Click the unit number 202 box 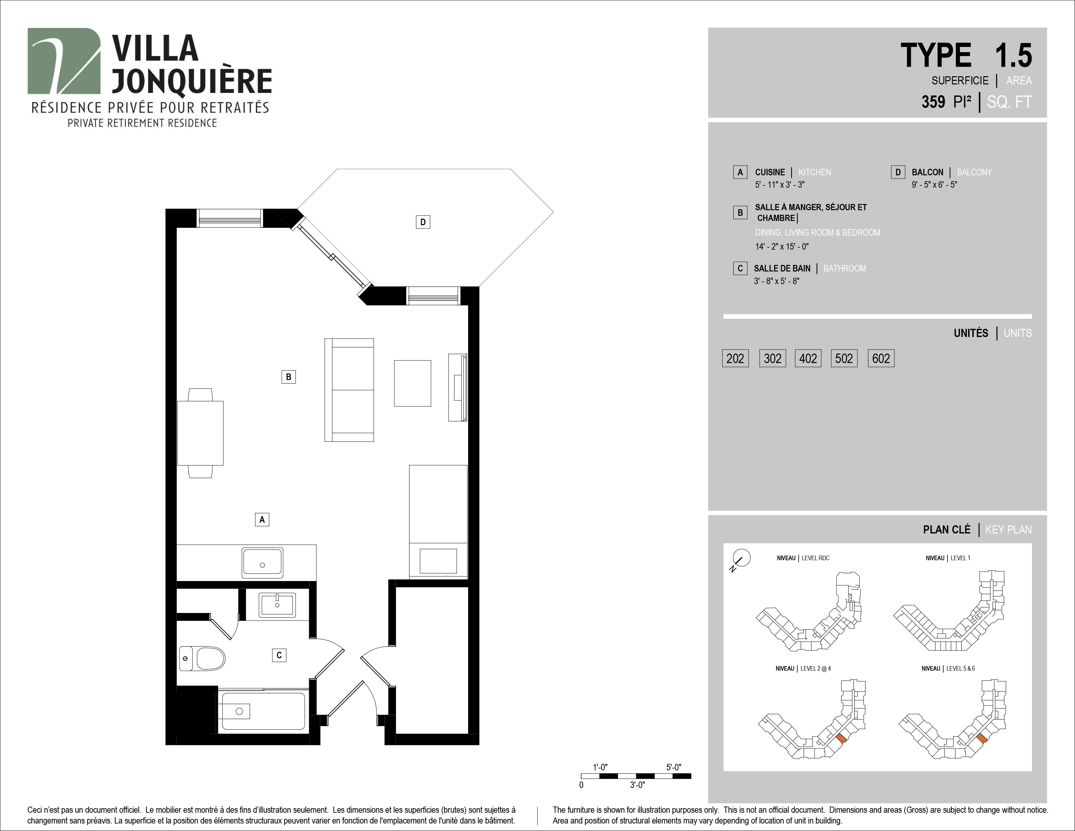pyautogui.click(x=735, y=358)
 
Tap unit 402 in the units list pyautogui.click(x=808, y=358)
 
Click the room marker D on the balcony pyautogui.click(x=423, y=222)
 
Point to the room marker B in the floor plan pyautogui.click(x=288, y=377)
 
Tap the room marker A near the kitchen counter pyautogui.click(x=262, y=519)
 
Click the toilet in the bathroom pyautogui.click(x=202, y=659)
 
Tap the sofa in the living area pyautogui.click(x=349, y=390)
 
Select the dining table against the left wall pyautogui.click(x=200, y=433)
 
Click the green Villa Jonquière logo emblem pyautogui.click(x=64, y=61)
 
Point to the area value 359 pyautogui.click(x=933, y=102)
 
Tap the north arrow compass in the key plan pyautogui.click(x=741, y=559)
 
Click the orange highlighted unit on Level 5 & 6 pyautogui.click(x=982, y=738)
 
